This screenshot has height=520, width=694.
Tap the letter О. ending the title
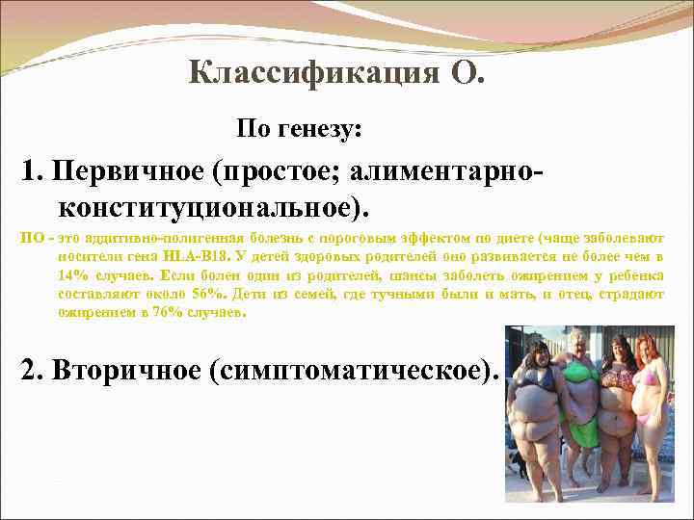click(463, 72)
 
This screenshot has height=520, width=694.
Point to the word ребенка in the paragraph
click(639, 275)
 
